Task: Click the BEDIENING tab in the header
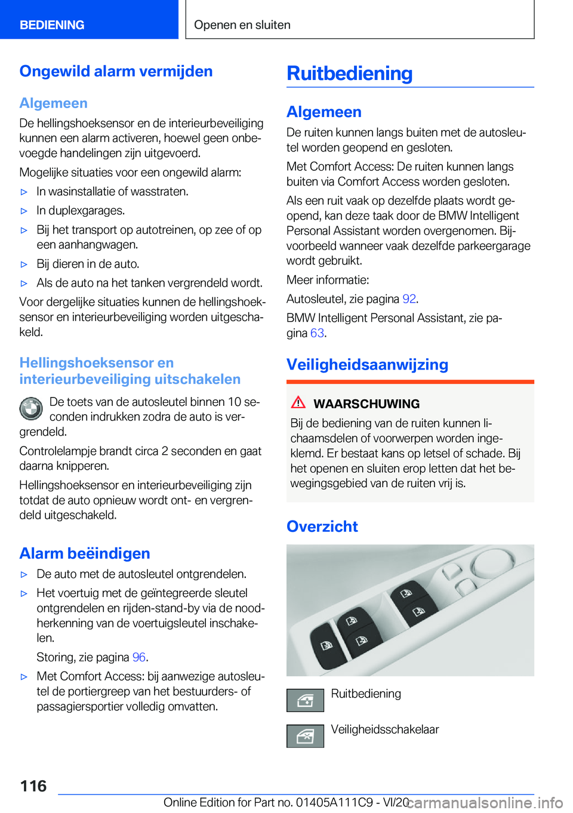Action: [52, 25]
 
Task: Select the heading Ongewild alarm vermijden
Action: [116, 71]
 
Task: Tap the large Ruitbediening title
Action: [349, 73]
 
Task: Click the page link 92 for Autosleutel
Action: [409, 299]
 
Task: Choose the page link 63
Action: [317, 333]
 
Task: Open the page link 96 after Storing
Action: [139, 657]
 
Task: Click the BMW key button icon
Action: [31, 409]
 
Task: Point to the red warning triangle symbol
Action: [298, 403]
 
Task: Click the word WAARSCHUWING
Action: [366, 404]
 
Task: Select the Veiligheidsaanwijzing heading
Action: [367, 365]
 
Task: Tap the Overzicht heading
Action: [322, 526]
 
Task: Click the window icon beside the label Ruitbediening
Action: [305, 700]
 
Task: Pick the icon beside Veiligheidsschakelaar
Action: [305, 736]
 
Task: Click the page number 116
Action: [33, 786]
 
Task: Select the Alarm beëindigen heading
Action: [85, 553]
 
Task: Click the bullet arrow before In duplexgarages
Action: [24, 211]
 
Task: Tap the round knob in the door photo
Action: [492, 561]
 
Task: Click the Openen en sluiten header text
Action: [242, 25]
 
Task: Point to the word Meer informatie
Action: [328, 280]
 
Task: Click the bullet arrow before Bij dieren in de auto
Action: [24, 264]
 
